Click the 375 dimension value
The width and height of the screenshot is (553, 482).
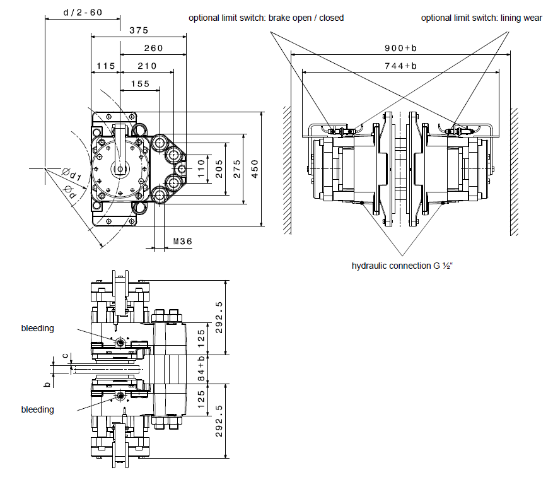[x=139, y=30]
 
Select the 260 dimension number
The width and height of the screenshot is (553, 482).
[x=153, y=48]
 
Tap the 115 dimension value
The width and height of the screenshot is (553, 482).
[x=106, y=66]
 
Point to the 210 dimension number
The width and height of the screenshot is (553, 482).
[x=147, y=66]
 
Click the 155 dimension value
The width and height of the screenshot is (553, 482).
[x=141, y=84]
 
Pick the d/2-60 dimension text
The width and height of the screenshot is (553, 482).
[x=83, y=13]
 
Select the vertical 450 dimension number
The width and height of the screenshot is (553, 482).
[x=255, y=168]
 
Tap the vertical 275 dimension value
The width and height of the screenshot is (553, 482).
[x=236, y=168]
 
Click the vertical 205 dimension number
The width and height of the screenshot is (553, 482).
[x=219, y=168]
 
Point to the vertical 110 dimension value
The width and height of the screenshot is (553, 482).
[x=201, y=168]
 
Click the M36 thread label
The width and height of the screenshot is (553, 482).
[x=183, y=242]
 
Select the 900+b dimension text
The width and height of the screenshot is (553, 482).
[x=400, y=48]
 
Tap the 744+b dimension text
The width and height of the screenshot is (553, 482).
[x=400, y=66]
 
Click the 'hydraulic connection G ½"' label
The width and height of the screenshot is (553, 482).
[x=402, y=266]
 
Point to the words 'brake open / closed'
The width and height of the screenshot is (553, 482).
[x=306, y=18]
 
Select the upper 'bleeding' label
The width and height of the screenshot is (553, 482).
[x=37, y=328]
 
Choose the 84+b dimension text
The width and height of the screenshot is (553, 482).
[x=201, y=368]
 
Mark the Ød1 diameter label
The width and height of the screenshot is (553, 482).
[x=73, y=174]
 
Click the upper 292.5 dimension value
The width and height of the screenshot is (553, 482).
[x=219, y=317]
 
